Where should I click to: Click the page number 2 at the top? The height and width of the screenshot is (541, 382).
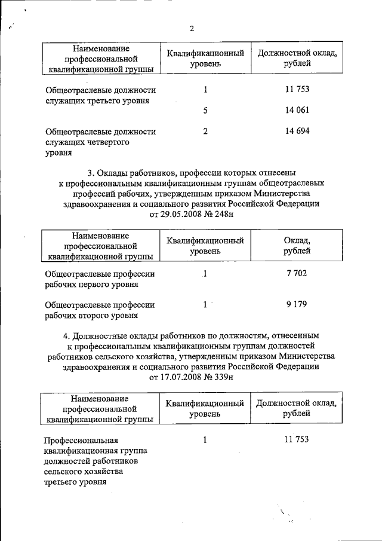[192, 29]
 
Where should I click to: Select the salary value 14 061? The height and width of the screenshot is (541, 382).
[297, 111]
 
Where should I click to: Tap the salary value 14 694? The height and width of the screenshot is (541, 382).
[297, 132]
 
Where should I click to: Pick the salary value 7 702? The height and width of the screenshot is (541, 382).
[297, 273]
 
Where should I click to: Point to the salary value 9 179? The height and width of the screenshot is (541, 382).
[297, 304]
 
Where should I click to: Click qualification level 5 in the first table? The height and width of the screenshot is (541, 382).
[205, 111]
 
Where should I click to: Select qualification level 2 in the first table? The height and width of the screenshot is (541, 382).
[205, 132]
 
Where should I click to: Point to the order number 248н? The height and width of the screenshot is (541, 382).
[220, 214]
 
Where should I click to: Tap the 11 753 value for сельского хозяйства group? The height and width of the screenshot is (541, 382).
[297, 440]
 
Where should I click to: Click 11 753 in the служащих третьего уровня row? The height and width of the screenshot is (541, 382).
[297, 90]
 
